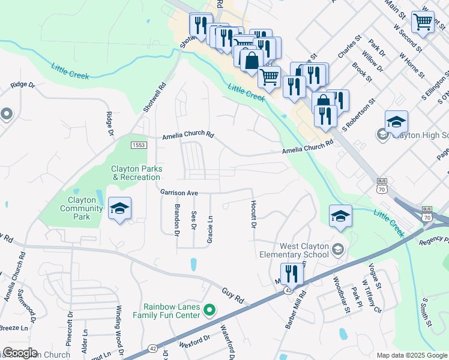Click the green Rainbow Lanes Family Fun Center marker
pos(209,310)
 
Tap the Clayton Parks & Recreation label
pos(136,173)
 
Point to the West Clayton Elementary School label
pos(304,250)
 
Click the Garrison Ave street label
pos(179,193)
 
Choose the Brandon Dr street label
pos(177,220)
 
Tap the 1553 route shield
pos(139,145)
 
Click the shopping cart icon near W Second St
pos(423,22)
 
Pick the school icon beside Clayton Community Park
pos(119,209)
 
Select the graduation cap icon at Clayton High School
pos(396,122)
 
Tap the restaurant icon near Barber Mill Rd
pos(292,275)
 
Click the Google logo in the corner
pos(20,353)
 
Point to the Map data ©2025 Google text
pos(411,355)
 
